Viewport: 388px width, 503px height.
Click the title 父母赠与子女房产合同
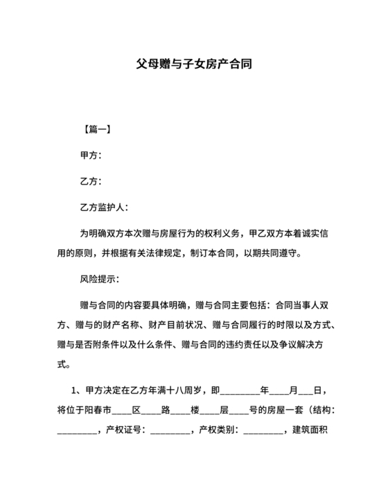(193, 64)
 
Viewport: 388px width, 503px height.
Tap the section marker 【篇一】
(96, 130)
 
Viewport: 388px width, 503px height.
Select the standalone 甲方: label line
(91, 156)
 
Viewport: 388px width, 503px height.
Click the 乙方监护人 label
(104, 207)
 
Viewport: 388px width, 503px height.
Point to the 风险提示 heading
(100, 279)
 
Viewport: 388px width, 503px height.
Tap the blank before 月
(279, 391)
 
